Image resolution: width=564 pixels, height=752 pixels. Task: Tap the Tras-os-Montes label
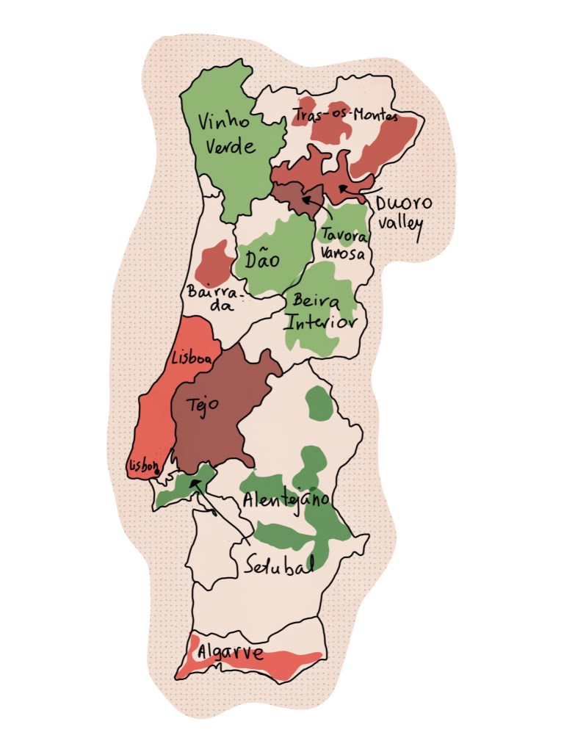(344, 115)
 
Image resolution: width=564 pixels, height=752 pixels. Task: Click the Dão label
(263, 259)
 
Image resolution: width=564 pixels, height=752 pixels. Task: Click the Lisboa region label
(191, 358)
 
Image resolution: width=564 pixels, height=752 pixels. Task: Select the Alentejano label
(286, 500)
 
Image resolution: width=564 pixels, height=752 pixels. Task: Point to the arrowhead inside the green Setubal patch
(192, 484)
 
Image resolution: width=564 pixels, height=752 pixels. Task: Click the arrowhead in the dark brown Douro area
(305, 197)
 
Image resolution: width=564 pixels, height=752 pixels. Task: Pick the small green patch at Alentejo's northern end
(318, 403)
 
